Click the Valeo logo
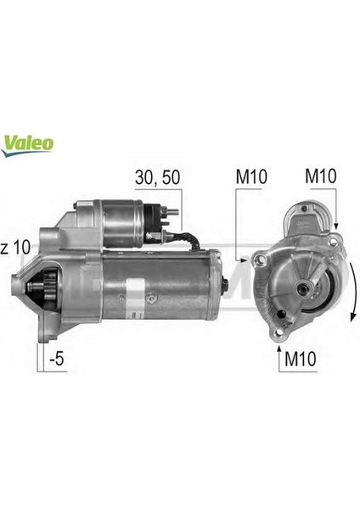30,140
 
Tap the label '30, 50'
158,178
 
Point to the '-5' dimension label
56,360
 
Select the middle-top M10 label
251,178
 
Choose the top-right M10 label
322,178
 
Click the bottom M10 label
299,360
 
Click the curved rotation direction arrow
348,293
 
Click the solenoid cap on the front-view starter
309,217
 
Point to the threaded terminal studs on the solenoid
166,216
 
